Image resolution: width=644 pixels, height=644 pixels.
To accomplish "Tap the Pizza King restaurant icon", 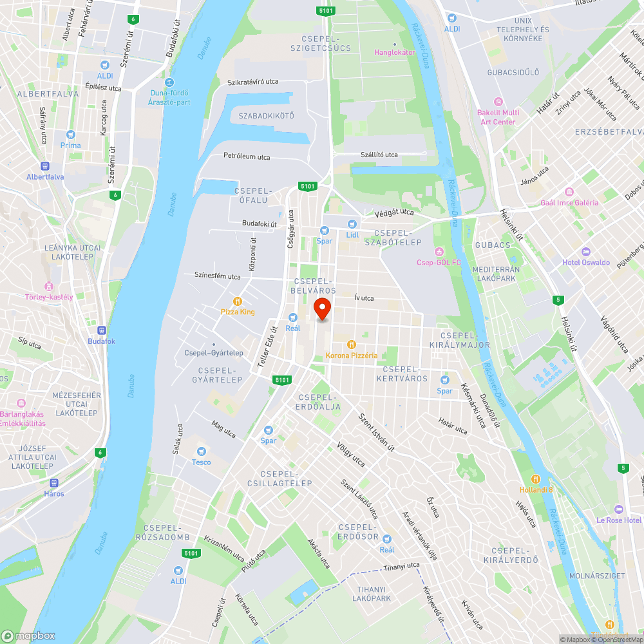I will (x=238, y=301).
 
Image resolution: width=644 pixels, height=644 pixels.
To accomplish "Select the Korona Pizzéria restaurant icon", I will (x=352, y=344).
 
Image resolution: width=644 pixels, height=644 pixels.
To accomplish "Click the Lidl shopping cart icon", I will (x=352, y=223).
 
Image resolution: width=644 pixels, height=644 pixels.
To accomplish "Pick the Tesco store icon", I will (x=201, y=451).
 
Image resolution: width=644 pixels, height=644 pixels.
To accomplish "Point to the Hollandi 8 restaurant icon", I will (x=536, y=478).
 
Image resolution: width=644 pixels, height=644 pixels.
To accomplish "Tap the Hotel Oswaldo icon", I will (x=585, y=251).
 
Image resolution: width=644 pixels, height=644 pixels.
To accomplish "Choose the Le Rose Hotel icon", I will (x=619, y=509).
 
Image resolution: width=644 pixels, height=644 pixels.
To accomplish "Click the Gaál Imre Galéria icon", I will (x=569, y=192).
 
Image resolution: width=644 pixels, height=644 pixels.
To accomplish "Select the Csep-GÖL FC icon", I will (x=439, y=251).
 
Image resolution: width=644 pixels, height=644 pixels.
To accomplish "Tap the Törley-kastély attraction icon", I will (x=48, y=286).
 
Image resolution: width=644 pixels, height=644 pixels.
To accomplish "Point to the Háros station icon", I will (x=54, y=482).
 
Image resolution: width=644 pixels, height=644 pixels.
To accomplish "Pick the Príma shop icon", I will (x=70, y=135).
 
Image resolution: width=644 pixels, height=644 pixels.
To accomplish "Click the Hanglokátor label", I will (x=395, y=52).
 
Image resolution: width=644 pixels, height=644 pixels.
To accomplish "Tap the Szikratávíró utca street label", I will (x=253, y=82).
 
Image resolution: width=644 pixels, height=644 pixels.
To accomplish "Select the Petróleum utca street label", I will (x=247, y=156).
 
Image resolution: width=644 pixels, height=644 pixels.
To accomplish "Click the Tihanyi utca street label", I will (x=401, y=566).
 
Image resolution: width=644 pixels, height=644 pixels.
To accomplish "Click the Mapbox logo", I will (x=29, y=636).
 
